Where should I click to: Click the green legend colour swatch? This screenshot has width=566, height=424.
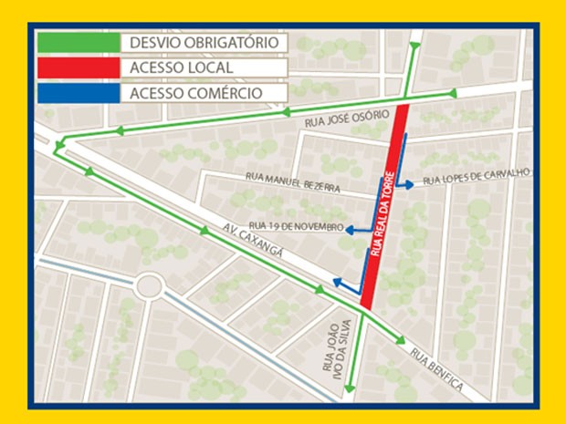coord(79,43)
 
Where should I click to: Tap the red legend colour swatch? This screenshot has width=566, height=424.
coord(79,67)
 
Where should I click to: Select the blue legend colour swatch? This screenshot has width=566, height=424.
coord(79,92)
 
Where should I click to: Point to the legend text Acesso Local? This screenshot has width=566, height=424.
coord(182,67)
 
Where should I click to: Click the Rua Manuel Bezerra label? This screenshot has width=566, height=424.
coord(292,182)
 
